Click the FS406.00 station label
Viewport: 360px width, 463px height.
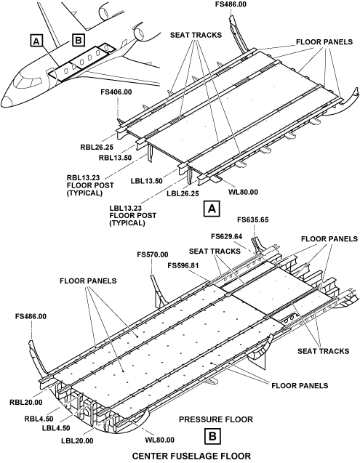click(x=116, y=92)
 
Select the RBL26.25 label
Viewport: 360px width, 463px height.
click(x=97, y=147)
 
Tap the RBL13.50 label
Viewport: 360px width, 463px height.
click(x=115, y=158)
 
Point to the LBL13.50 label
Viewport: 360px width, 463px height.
click(x=147, y=181)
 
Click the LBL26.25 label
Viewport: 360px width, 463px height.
click(x=183, y=193)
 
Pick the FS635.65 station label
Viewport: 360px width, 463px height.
click(x=253, y=220)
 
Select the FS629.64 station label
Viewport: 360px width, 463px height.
click(x=227, y=236)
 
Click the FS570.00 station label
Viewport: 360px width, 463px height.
click(x=153, y=254)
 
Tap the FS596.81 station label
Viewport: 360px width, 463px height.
click(x=183, y=265)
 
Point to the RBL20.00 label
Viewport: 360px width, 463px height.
click(x=26, y=402)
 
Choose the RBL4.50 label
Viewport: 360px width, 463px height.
click(x=39, y=419)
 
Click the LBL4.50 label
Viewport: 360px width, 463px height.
click(x=56, y=427)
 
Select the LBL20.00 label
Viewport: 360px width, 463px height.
click(x=77, y=441)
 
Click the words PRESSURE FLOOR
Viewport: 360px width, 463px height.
click(x=216, y=419)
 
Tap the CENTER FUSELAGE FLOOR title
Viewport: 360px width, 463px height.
click(x=191, y=456)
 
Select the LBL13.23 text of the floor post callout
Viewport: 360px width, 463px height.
click(x=125, y=208)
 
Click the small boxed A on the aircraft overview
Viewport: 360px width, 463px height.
click(x=36, y=41)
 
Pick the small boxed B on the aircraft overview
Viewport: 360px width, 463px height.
click(x=79, y=39)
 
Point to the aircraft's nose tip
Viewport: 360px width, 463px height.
click(x=2, y=101)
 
